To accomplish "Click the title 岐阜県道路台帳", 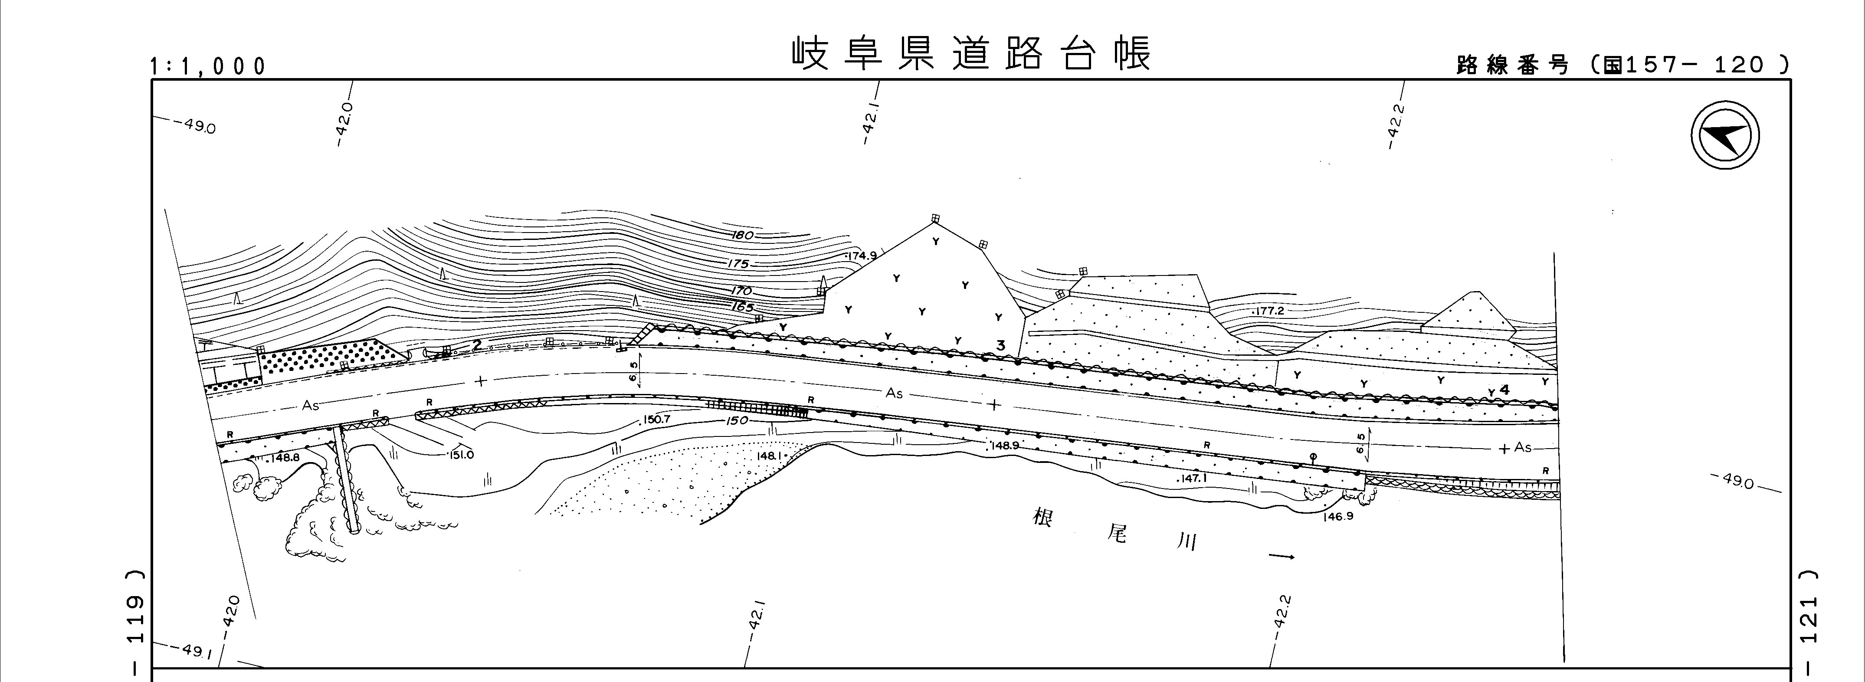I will [970, 54].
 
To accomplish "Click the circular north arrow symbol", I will [1725, 135].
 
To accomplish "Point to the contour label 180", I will [743, 235].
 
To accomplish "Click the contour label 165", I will [742, 307].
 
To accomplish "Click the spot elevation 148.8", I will [283, 458].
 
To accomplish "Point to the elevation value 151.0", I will [460, 455].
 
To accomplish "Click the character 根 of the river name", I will [1042, 518].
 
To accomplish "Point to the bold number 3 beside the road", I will [1000, 346].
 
